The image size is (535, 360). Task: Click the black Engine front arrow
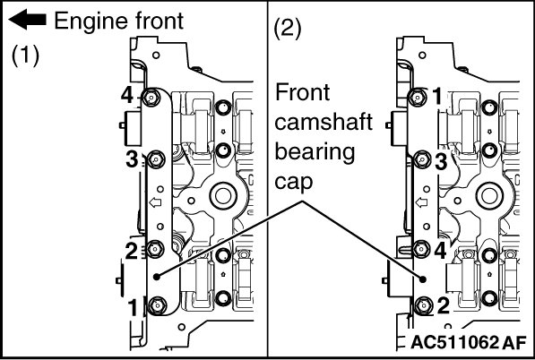point(27,20)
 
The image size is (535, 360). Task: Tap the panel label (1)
point(26,56)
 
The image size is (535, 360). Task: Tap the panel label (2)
point(288,30)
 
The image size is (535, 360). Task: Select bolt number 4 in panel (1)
point(151,98)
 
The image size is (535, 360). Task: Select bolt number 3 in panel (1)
point(156,159)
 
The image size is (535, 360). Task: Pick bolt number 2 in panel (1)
point(154,249)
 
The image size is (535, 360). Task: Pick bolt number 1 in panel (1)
point(158,304)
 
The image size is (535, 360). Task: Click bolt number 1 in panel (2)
point(418,98)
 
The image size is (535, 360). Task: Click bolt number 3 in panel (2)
point(422,159)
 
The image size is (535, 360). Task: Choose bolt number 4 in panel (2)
point(421,249)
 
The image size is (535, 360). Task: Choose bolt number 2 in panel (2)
point(423,305)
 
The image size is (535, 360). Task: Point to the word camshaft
point(324,122)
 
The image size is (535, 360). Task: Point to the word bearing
point(315,152)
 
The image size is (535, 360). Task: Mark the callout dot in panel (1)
point(157,277)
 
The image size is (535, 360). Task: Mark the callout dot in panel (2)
point(423,279)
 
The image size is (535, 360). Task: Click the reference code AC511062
point(454,342)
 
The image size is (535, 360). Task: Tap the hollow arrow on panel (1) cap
point(155,203)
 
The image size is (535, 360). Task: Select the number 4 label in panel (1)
point(127,96)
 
